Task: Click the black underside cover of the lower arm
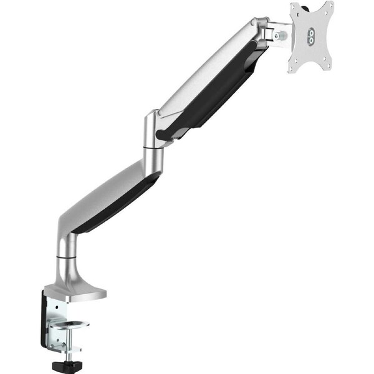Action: tap(118, 203)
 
